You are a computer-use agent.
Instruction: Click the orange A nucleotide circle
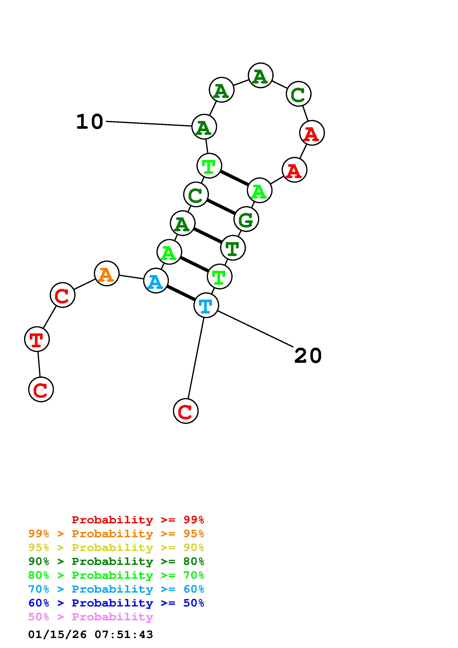[106, 274]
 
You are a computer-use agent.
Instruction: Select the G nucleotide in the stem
[246, 219]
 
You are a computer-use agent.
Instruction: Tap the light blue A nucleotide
[156, 281]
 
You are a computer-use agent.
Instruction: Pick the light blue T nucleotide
[206, 305]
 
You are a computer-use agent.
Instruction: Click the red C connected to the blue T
[186, 411]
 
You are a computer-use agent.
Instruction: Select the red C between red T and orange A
[62, 295]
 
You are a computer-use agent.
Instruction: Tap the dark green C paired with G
[196, 195]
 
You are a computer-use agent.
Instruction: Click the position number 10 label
[90, 122]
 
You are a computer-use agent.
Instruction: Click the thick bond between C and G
[221, 207]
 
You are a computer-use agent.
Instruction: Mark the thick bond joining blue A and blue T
[181, 293]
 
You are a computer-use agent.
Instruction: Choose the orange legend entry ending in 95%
[116, 534]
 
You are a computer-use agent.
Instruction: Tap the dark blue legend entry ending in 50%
[116, 603]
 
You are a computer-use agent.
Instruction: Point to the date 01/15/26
[57, 635]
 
